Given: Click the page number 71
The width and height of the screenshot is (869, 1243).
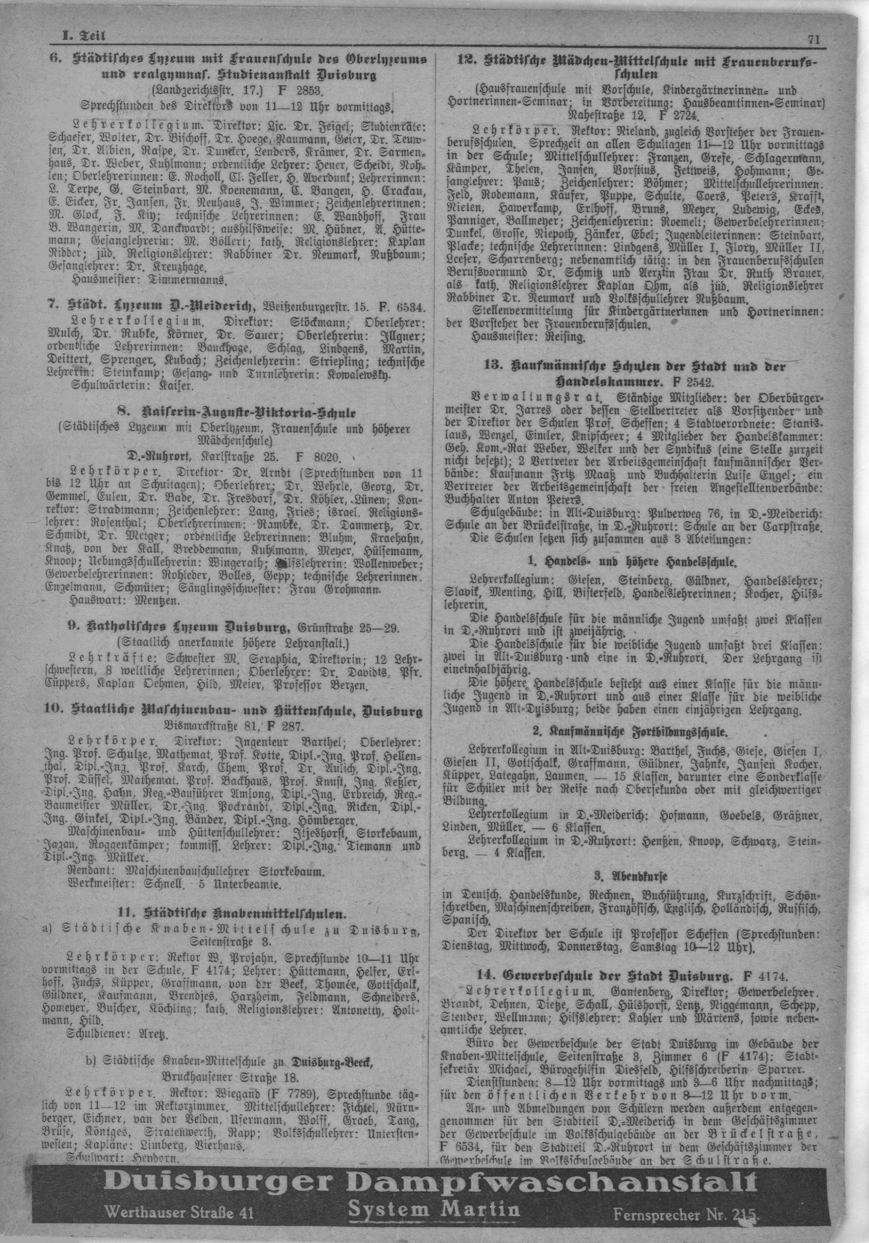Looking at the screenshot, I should point(814,38).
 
